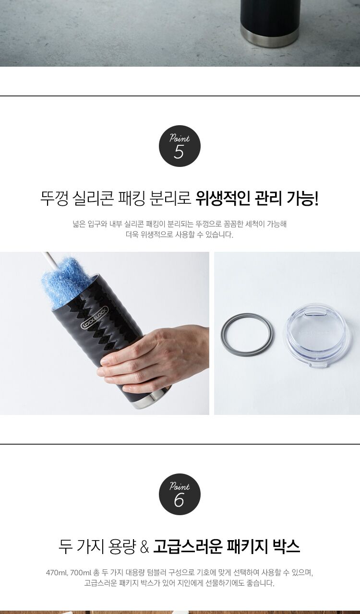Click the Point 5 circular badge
[x=180, y=146]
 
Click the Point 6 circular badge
[x=180, y=494]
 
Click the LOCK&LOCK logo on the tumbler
[x=95, y=318]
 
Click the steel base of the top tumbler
[x=270, y=36]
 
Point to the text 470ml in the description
[x=57, y=573]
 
